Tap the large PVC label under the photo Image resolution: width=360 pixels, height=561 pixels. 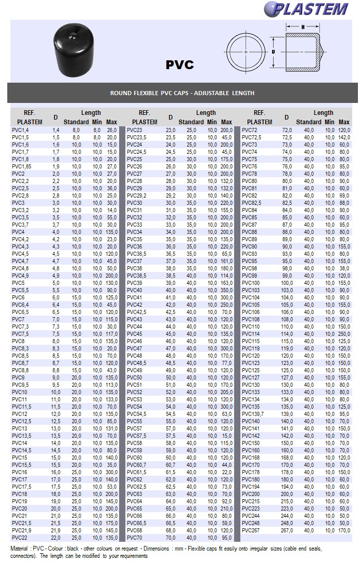tap(179, 64)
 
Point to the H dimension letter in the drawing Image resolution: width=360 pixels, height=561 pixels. tap(303, 27)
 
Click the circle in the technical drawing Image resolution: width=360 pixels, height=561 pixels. tap(245, 52)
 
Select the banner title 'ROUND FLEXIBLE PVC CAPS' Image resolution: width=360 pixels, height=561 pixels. tap(182, 93)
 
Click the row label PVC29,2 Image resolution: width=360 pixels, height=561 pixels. tap(137, 195)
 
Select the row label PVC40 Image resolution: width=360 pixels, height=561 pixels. tap(134, 290)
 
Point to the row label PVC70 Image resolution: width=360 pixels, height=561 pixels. tap(134, 537)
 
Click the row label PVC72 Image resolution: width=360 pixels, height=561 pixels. tap(250, 130)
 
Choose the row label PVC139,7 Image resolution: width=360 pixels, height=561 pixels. tap(253, 413)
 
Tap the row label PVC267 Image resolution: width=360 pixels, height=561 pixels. tap(251, 530)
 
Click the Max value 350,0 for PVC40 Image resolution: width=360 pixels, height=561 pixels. tap(226, 290)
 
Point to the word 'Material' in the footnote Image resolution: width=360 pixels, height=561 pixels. tap(20, 549)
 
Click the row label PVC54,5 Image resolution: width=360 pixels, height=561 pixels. tap(137, 413)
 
